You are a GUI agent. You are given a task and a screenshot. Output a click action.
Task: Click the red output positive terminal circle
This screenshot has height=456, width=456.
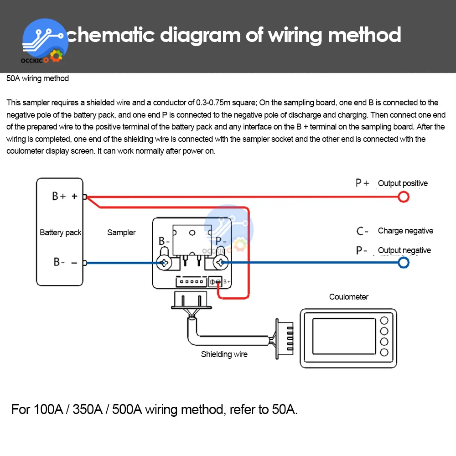pyautogui.click(x=404, y=197)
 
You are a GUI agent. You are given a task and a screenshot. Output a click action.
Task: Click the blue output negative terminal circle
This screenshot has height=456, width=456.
pyautogui.click(x=404, y=263)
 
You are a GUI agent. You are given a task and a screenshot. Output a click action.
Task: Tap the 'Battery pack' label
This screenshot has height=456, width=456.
pyautogui.click(x=60, y=233)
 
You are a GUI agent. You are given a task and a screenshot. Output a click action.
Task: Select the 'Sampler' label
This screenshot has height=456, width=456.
pyautogui.click(x=121, y=233)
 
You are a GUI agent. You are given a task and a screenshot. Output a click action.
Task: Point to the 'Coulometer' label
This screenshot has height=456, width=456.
pyautogui.click(x=349, y=297)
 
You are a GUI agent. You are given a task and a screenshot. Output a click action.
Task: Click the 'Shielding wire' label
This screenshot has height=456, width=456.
pyautogui.click(x=224, y=354)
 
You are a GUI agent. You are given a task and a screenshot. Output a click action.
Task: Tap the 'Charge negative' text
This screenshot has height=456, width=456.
pyautogui.click(x=405, y=231)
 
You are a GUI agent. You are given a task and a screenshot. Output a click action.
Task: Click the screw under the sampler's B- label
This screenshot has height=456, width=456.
pyautogui.click(x=164, y=263)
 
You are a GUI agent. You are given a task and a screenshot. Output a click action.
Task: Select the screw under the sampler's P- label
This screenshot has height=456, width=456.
pyautogui.click(x=221, y=263)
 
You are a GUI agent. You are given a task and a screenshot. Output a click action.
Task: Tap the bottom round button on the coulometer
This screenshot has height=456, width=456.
pyautogui.click(x=384, y=352)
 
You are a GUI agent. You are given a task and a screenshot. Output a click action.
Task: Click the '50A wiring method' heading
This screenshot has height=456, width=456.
pyautogui.click(x=37, y=78)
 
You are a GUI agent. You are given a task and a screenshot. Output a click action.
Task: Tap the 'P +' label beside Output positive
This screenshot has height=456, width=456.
pyautogui.click(x=363, y=183)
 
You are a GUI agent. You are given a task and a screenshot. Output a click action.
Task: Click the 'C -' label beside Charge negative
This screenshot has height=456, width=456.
pyautogui.click(x=363, y=231)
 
